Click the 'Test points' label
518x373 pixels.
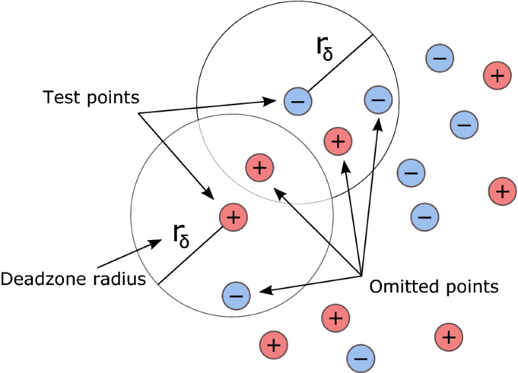[91, 98]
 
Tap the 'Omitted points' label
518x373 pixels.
[434, 287]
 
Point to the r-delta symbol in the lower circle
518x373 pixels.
[180, 235]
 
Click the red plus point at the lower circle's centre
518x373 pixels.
[234, 216]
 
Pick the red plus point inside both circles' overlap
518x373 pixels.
[259, 168]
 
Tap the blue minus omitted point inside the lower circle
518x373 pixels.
[237, 294]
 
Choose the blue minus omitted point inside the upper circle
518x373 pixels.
[377, 101]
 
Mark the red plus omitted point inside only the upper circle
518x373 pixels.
[338, 140]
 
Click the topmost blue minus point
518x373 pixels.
[439, 59]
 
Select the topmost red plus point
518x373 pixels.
[498, 75]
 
